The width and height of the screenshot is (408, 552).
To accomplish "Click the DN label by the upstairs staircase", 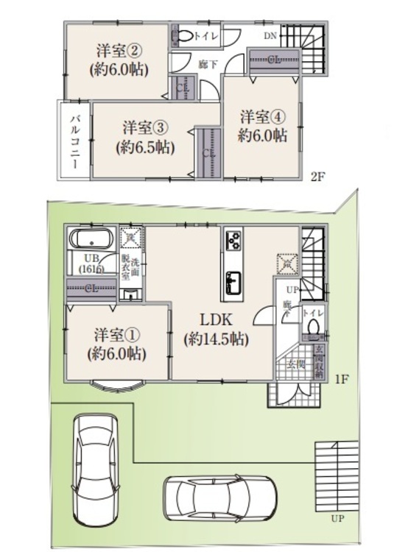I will (270, 35).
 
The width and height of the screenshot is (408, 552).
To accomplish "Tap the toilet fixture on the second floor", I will (183, 35).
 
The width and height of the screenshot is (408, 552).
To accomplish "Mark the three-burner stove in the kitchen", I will (235, 241).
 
